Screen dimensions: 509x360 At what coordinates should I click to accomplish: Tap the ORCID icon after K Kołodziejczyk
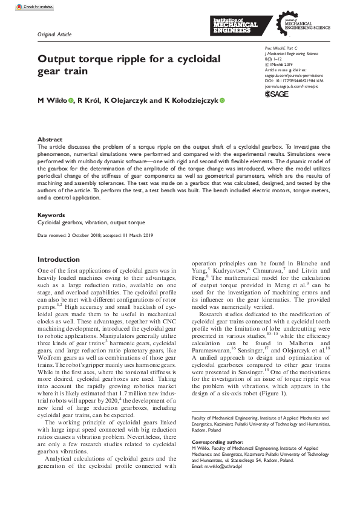click(221, 101)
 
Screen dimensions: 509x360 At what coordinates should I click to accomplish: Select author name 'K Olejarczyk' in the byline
click(124, 101)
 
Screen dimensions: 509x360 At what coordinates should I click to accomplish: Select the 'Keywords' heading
click(51, 215)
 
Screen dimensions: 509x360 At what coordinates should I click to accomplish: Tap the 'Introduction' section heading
click(59, 259)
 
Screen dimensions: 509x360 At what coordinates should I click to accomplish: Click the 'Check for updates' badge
click(55, 7)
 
